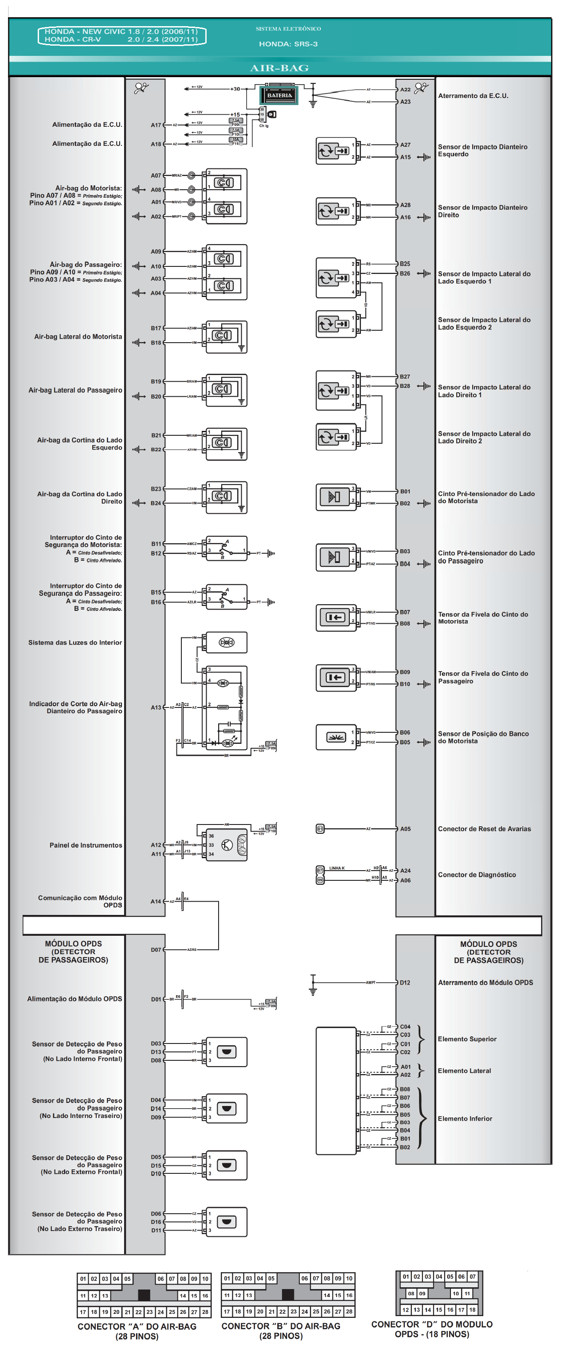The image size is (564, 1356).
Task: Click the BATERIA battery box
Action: (278, 95)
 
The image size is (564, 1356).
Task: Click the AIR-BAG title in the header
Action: (279, 68)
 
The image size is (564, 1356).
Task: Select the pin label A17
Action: (156, 125)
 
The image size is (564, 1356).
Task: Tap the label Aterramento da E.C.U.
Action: (473, 96)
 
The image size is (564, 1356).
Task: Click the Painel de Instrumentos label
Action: (86, 845)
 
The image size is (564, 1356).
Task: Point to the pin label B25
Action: (404, 264)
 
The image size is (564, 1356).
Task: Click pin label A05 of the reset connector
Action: (405, 828)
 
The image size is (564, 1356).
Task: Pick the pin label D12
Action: (404, 982)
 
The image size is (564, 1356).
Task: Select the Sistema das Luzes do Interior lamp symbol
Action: (226, 642)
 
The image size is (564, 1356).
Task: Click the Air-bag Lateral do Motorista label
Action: (78, 336)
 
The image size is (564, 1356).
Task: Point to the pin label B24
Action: (156, 503)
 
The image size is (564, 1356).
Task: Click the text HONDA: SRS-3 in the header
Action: (288, 44)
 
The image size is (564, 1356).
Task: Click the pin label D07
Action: (156, 950)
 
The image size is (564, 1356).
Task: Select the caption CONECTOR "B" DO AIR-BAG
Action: (281, 1326)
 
